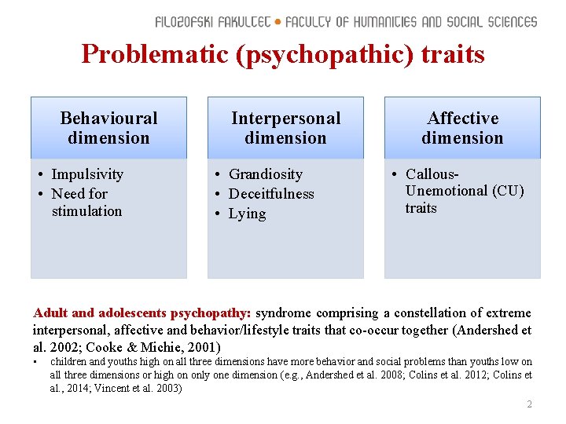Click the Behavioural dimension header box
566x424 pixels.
[x=108, y=128]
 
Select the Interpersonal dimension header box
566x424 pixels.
[x=285, y=128]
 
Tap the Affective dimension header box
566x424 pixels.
[x=462, y=128]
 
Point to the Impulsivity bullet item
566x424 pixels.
[x=86, y=174]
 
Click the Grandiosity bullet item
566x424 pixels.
[x=265, y=174]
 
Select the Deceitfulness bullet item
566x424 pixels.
[x=270, y=194]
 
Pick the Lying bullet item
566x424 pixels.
[x=247, y=214]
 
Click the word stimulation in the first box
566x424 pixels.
[x=86, y=211]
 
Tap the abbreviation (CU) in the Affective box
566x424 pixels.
[x=508, y=191]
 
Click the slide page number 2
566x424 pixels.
[x=529, y=404]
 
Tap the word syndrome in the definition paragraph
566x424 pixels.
[x=282, y=313]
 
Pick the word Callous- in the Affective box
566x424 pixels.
[x=432, y=174]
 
